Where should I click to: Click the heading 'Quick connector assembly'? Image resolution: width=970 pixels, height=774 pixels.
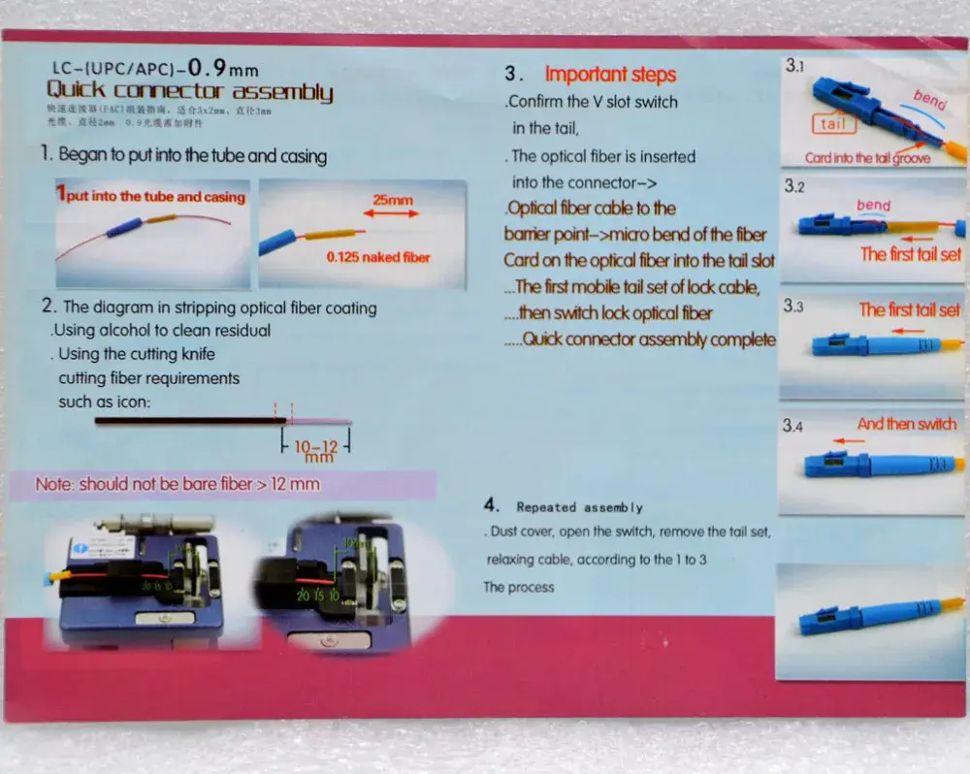[x=190, y=92]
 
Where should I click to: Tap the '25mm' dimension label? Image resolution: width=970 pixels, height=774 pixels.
[x=393, y=200]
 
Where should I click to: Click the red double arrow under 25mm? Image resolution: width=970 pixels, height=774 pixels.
[x=393, y=214]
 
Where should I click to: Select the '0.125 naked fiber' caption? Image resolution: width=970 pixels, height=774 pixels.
[x=377, y=257]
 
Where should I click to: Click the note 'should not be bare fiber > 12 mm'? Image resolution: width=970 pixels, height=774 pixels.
[x=178, y=483]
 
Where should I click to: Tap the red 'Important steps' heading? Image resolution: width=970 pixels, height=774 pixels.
[x=610, y=75]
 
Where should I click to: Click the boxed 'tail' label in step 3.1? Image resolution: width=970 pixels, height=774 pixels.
[x=832, y=123]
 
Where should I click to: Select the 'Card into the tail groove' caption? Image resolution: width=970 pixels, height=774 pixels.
[x=867, y=158]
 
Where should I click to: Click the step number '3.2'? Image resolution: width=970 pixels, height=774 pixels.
[x=794, y=187]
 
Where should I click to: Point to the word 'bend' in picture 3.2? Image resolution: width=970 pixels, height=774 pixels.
[x=873, y=206]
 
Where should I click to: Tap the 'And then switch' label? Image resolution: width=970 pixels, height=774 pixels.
[x=906, y=424]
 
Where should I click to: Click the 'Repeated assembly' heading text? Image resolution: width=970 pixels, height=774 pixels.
[x=579, y=507]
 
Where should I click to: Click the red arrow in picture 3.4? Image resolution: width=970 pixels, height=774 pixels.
[x=850, y=440]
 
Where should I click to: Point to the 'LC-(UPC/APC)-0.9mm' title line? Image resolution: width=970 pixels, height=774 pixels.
[x=155, y=69]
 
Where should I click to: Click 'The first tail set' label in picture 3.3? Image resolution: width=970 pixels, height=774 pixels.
[x=909, y=310]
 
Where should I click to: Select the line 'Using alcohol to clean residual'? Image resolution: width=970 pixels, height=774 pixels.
[x=161, y=330]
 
